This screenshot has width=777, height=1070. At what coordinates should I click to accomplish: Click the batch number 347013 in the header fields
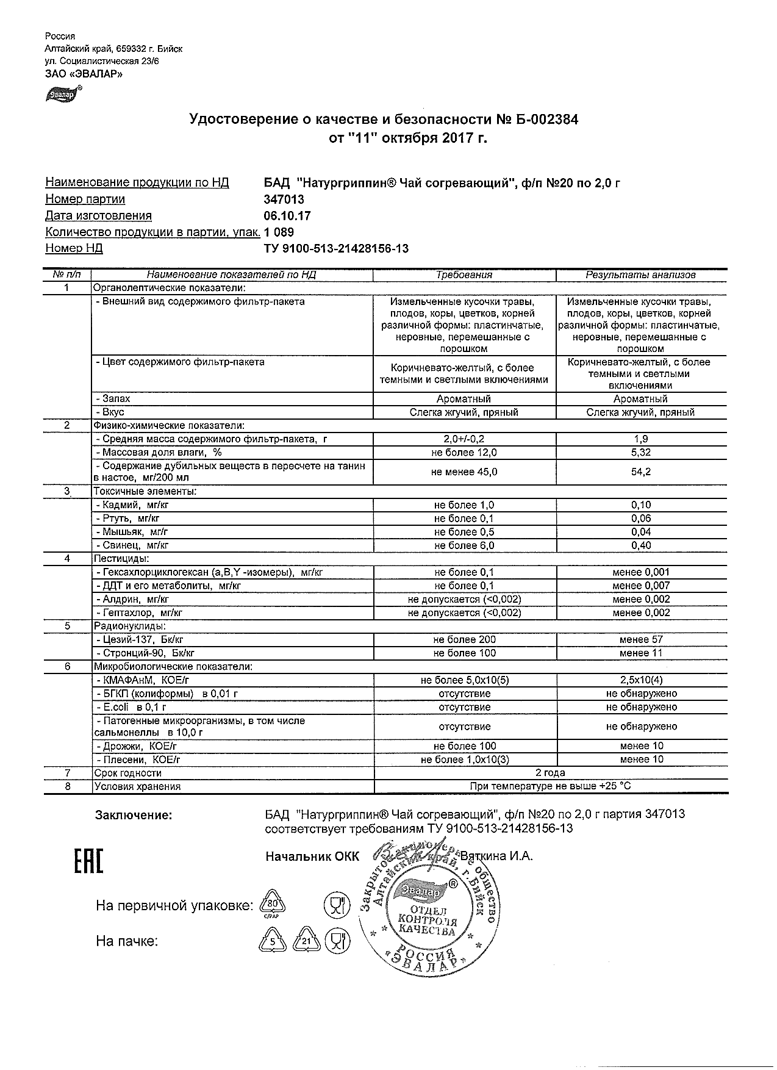pos(284,199)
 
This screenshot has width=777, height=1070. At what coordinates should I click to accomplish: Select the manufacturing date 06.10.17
pos(287,216)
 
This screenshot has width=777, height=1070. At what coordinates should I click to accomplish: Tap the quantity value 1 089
pos(279,232)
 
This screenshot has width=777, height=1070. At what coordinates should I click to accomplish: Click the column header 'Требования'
pos(464,275)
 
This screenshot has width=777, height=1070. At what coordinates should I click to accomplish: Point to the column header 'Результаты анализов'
pos(640,275)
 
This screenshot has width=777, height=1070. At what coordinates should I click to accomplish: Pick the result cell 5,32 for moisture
pos(641,453)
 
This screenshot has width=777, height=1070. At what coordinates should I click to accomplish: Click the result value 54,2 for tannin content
pos(641,472)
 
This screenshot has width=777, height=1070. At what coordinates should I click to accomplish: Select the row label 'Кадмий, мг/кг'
pos(131,505)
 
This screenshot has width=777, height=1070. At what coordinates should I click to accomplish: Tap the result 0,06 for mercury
pos(641,519)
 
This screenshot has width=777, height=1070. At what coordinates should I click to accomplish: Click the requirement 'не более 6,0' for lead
pos(464,545)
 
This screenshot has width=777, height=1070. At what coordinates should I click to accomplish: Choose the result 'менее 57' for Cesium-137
pos(641,640)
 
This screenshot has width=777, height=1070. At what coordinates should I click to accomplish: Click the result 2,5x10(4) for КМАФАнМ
pos(641,680)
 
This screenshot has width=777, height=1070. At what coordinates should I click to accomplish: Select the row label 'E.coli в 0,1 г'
pos(131,707)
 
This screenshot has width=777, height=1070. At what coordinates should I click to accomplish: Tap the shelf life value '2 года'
pos(550,773)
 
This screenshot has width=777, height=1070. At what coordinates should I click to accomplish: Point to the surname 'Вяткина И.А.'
pos(498,856)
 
